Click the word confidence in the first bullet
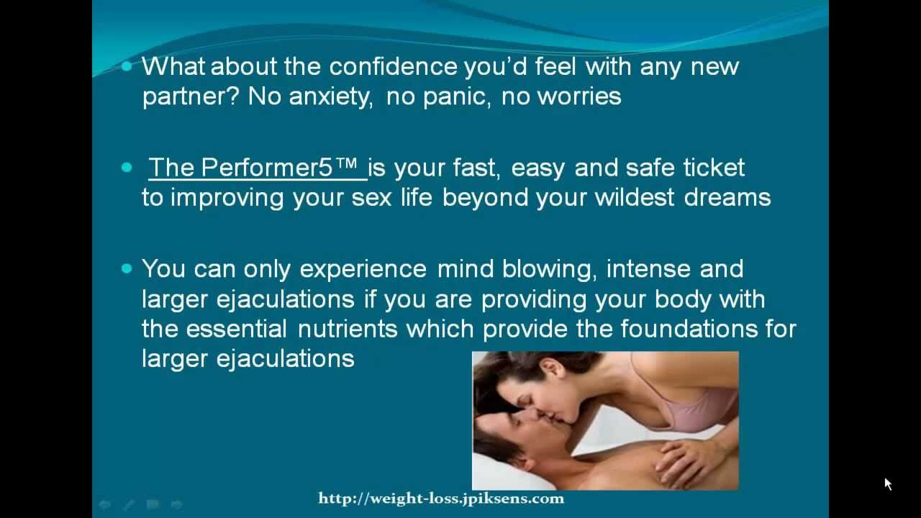pos(393,66)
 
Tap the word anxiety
pos(331,97)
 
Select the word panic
pos(457,97)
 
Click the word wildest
pos(635,197)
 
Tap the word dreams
pos(727,197)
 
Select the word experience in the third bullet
pos(363,270)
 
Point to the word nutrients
pos(348,329)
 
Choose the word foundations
pos(689,329)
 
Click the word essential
pos(236,329)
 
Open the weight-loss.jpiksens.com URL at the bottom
pos(441,499)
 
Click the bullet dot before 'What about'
pos(127,66)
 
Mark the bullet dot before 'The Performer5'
pos(127,168)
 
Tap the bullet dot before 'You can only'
pos(127,269)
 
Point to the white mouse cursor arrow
pos(888,483)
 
